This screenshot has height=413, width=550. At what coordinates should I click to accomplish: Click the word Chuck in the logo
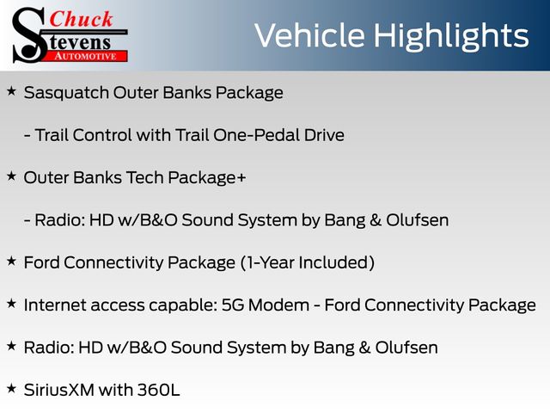(x=81, y=19)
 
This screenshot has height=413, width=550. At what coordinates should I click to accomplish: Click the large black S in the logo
(x=29, y=35)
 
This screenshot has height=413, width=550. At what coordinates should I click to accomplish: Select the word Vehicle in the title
(x=309, y=35)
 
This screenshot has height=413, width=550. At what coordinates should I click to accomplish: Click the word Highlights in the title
(x=451, y=36)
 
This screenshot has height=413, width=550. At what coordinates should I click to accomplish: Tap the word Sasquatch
(x=67, y=93)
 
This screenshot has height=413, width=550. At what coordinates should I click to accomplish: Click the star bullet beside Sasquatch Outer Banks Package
(x=11, y=91)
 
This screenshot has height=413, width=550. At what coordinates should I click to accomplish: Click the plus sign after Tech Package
(x=241, y=178)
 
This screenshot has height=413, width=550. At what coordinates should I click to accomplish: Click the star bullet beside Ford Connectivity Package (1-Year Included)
(x=11, y=261)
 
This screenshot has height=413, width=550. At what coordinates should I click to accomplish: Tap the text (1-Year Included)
(x=308, y=262)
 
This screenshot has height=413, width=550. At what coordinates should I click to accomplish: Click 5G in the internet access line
(x=233, y=305)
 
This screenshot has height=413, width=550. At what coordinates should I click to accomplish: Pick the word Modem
(x=278, y=305)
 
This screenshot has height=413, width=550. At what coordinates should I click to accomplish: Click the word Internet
(x=55, y=305)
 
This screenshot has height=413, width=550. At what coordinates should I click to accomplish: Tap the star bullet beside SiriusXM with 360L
(x=11, y=388)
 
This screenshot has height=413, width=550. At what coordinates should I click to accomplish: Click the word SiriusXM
(x=59, y=390)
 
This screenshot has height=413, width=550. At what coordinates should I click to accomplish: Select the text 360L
(x=158, y=390)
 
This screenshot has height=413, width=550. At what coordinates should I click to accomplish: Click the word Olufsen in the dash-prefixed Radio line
(x=417, y=220)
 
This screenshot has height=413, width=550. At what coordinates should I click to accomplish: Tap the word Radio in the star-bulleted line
(x=49, y=348)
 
